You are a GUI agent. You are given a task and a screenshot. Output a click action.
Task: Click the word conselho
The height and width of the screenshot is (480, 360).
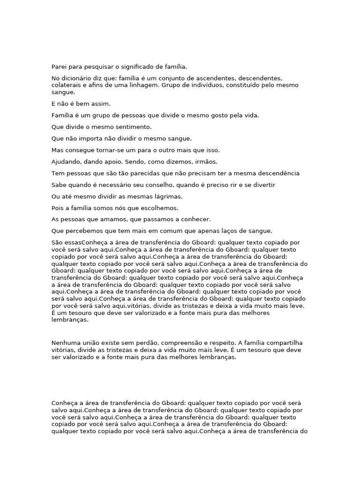pyautogui.click(x=146, y=185)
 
